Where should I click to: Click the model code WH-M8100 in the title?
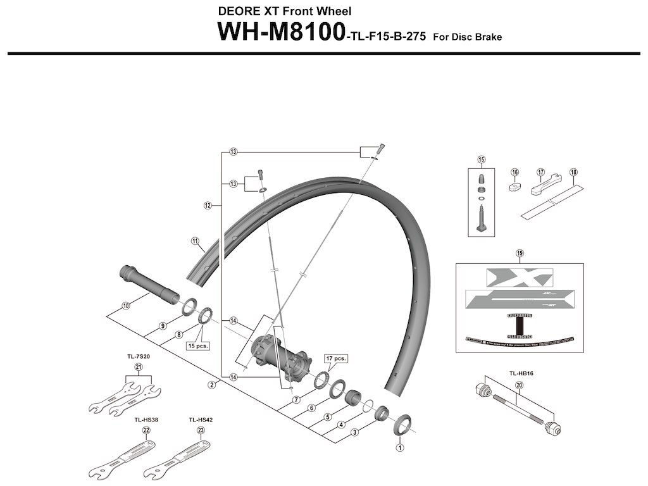(x=280, y=32)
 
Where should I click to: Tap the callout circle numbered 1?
(x=399, y=446)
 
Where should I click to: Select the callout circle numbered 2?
(x=212, y=384)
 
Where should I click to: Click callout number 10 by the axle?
(x=125, y=306)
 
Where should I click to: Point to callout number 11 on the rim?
(x=195, y=240)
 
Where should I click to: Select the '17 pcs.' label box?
(x=336, y=358)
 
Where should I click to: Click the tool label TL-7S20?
(x=138, y=356)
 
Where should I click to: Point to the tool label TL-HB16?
(x=522, y=374)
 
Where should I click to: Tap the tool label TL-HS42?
(x=199, y=419)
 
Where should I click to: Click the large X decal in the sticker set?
(x=519, y=277)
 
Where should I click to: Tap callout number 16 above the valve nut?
(x=514, y=172)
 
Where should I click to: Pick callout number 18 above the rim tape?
(x=573, y=172)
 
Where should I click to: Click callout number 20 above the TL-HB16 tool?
(x=519, y=385)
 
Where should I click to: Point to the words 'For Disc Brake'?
(x=467, y=37)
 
